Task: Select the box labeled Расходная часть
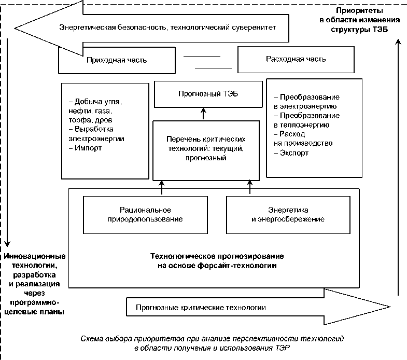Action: pos(296,59)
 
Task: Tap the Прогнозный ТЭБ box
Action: pos(203,93)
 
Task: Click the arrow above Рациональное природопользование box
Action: pos(162,187)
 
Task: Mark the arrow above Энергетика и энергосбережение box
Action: pos(250,187)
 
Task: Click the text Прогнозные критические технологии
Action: pos(200,308)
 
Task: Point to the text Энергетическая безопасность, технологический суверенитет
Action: pos(167,27)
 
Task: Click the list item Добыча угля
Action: pos(98,102)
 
